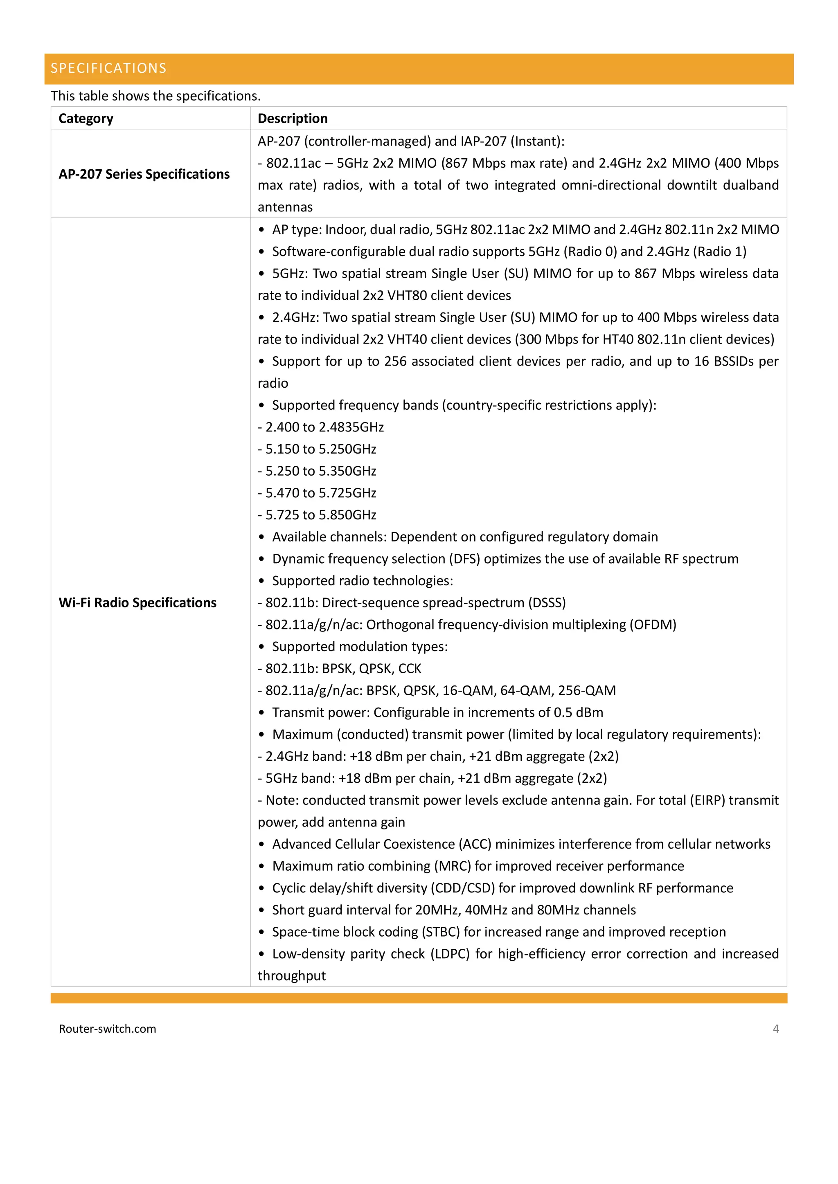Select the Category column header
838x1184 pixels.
click(86, 119)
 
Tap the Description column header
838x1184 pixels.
click(293, 119)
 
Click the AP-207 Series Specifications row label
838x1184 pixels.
click(144, 174)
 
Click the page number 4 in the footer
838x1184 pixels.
click(775, 1029)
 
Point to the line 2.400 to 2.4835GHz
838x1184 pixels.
click(321, 427)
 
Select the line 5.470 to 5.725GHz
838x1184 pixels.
click(318, 493)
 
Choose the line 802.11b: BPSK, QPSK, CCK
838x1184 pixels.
click(340, 669)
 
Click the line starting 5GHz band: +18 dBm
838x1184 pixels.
click(433, 778)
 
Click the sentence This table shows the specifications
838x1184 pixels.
click(155, 96)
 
